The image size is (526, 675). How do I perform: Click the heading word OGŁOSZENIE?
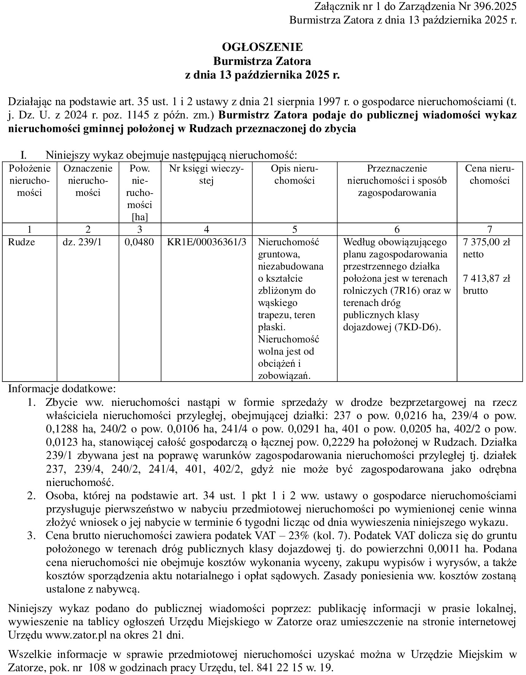pyautogui.click(x=262, y=47)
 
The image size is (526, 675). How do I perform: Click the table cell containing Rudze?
pyautogui.click(x=22, y=242)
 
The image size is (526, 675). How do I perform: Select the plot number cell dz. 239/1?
pyautogui.click(x=82, y=242)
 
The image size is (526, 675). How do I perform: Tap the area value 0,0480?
pyautogui.click(x=139, y=242)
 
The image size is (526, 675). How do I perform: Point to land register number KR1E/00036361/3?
pyautogui.click(x=206, y=242)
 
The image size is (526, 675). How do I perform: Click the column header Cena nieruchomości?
pyautogui.click(x=489, y=174)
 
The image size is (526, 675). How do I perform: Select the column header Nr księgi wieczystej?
pyautogui.click(x=206, y=174)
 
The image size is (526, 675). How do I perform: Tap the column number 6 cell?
pyautogui.click(x=397, y=229)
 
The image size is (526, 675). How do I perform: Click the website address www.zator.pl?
pyautogui.click(x=74, y=634)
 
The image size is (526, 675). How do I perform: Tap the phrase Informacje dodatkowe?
pyautogui.click(x=62, y=389)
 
